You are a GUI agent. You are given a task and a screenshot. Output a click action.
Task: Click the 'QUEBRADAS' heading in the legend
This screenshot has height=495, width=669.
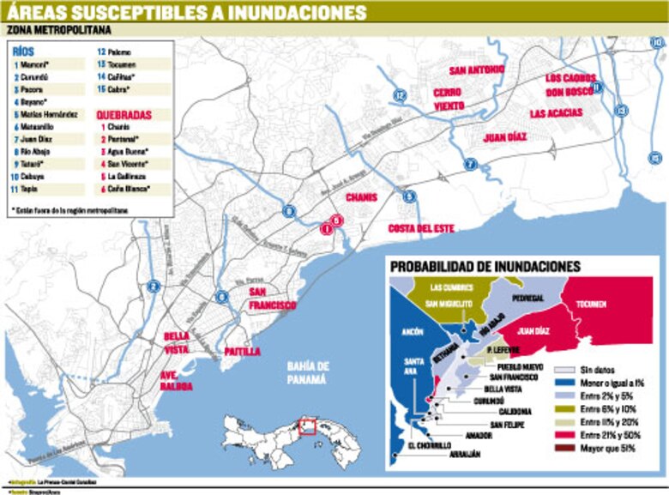point(124,113)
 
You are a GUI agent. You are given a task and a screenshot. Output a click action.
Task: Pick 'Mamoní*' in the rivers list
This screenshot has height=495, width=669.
point(33,64)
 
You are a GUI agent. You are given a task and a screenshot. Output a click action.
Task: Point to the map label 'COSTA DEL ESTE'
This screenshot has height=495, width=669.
point(420,228)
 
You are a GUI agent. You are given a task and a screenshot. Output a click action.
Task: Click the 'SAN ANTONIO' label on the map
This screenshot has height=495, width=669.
point(477,69)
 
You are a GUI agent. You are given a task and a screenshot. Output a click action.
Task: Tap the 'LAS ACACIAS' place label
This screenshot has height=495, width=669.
point(555,112)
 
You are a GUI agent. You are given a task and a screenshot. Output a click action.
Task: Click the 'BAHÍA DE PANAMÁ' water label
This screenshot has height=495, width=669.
point(307,373)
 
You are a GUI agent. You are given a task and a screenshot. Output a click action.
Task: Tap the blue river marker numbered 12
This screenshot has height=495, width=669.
point(397,94)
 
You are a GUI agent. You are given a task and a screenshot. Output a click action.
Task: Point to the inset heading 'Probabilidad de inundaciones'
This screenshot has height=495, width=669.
point(485,267)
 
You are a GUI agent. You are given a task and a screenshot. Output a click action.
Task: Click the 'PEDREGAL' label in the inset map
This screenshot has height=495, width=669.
point(528,297)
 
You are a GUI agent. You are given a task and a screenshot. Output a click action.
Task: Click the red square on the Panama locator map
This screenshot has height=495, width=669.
point(308,426)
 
